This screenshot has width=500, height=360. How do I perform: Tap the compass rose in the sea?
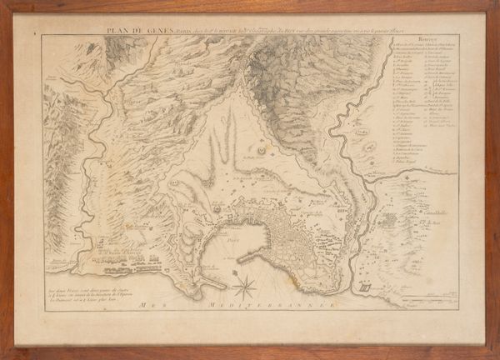(x=245, y=289)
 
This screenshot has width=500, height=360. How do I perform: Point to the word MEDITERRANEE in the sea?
(x=267, y=307)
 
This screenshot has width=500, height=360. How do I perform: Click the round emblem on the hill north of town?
(x=261, y=151)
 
